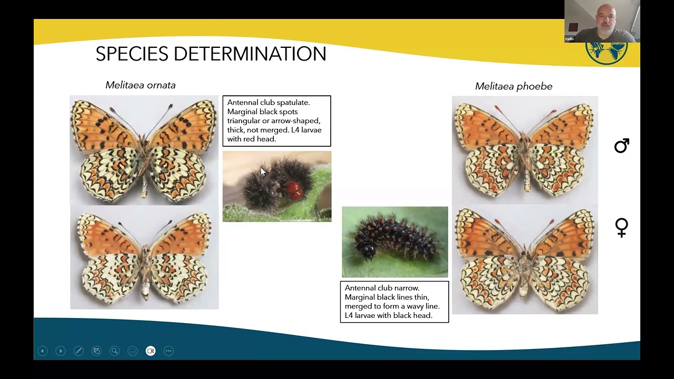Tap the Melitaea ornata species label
140,85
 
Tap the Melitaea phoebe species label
513,86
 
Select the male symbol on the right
621,146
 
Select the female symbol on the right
621,227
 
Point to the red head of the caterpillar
294,188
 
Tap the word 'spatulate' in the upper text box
293,103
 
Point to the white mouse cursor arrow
263,172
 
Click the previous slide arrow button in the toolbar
43,351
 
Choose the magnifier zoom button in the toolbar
114,351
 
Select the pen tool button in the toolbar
78,351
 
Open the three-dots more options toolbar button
168,351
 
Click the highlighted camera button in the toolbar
151,351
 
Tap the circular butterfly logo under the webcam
607,53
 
